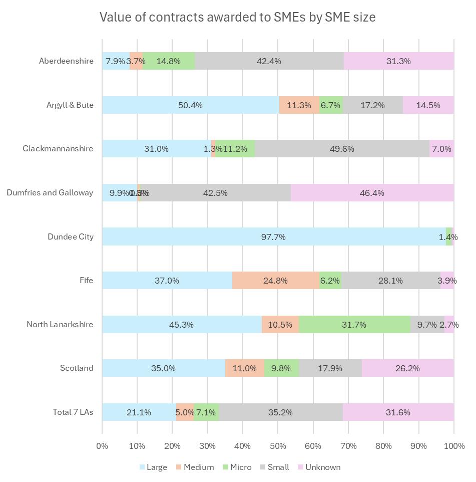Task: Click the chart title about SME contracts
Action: coord(237,18)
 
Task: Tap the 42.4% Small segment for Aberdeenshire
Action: coord(269,61)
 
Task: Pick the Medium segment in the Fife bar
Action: coord(275,281)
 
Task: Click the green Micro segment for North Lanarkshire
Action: coord(354,325)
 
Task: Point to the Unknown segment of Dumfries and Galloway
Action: coord(372,193)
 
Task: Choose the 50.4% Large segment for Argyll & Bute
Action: coord(190,105)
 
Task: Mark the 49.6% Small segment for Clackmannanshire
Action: coord(342,149)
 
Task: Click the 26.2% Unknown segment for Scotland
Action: coord(407,368)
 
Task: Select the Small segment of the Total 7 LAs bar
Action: coord(280,412)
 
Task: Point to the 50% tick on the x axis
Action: coord(278,446)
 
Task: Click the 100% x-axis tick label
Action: coord(454,446)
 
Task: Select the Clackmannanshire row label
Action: coord(58,149)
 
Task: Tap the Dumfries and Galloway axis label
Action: coord(50,193)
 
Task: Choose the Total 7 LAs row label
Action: coord(73,412)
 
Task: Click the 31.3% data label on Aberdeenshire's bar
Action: coord(398,61)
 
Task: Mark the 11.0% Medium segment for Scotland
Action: coord(245,368)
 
